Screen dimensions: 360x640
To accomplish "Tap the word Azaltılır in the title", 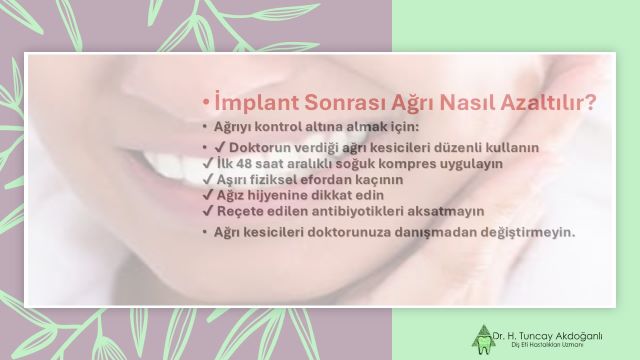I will click(548, 102).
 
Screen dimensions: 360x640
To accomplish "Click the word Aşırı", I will click(232, 178).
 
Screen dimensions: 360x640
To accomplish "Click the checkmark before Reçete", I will click(207, 211).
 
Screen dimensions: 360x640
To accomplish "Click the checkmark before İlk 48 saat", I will click(207, 162).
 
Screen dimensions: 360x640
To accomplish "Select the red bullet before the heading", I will click(204, 103).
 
